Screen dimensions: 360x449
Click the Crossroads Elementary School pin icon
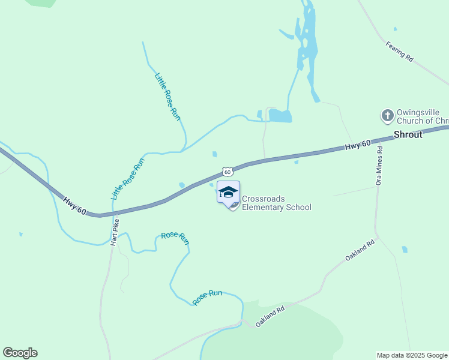(228, 193)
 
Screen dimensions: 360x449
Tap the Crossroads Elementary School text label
(276, 203)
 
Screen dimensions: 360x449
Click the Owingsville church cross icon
(388, 115)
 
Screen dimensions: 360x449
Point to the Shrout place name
(408, 134)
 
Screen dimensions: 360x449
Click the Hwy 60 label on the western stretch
(75, 204)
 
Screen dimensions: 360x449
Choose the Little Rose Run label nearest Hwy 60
(128, 179)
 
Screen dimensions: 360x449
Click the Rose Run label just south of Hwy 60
(175, 237)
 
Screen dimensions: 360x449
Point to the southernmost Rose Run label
(208, 296)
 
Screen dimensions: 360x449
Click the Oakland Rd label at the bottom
(269, 317)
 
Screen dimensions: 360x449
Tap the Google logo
(20, 353)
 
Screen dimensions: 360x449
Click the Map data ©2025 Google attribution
(412, 355)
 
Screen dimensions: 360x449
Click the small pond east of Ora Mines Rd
(405, 249)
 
